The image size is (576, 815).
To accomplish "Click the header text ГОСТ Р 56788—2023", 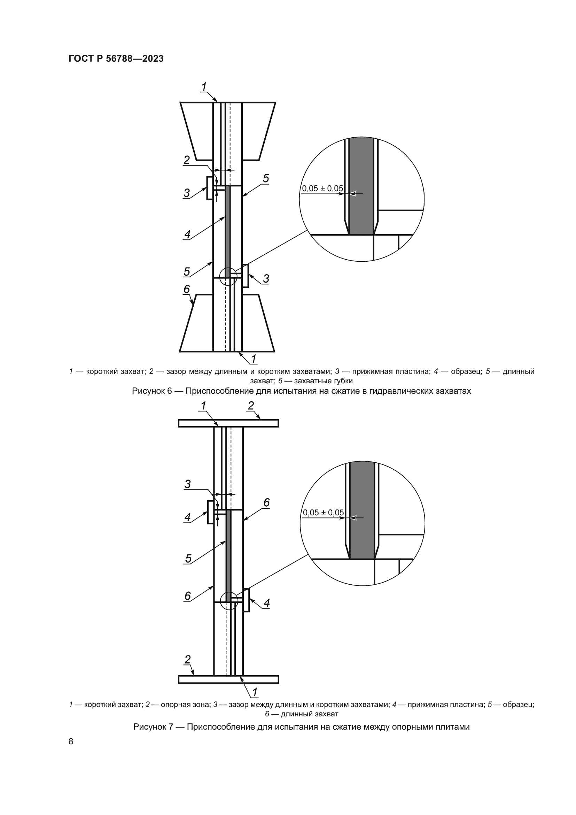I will point(116,59).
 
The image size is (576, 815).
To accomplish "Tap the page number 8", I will point(71,741).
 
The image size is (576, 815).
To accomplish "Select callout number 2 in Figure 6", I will point(187,160).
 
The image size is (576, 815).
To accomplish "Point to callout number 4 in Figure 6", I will point(187,234).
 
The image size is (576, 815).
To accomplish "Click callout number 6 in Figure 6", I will point(187,289).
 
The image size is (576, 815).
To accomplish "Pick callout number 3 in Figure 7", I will point(188,484).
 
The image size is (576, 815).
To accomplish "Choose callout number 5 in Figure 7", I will point(188,558).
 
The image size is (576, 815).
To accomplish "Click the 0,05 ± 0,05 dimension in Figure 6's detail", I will point(322,189).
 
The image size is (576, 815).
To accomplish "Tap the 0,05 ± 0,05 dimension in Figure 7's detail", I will point(323,513).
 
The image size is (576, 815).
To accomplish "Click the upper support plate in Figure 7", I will point(228,423).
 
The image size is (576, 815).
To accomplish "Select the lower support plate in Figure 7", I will point(228,679).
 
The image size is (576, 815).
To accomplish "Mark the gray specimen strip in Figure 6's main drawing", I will point(228,231).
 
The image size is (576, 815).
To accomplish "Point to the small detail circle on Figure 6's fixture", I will point(228,277).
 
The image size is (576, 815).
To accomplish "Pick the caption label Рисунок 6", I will point(152,391).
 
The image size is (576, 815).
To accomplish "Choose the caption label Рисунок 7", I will point(153,726).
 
